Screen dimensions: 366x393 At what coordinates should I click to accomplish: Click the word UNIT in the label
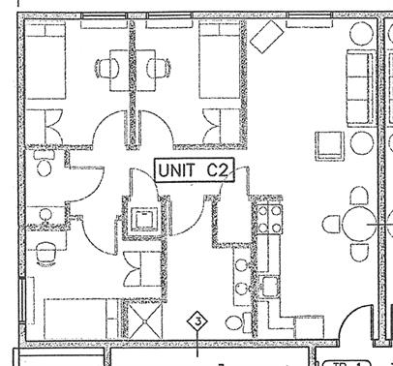click(179, 171)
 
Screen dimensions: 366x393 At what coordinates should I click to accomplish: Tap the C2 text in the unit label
click(218, 171)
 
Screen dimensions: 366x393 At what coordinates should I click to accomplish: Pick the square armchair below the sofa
click(335, 146)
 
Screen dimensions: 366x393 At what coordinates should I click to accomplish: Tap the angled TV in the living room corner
click(265, 38)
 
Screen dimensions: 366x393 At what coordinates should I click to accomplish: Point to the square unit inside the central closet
click(145, 217)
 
